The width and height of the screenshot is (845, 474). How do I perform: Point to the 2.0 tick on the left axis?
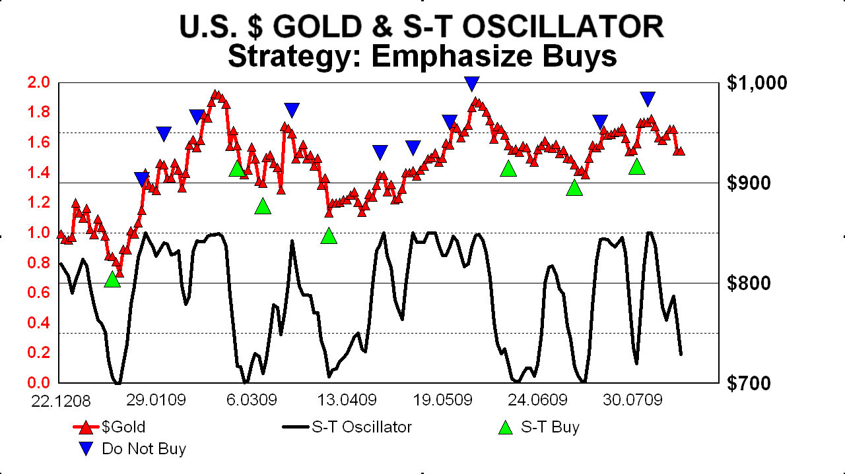tap(38, 82)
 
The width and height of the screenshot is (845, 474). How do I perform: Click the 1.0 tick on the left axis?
tap(38, 233)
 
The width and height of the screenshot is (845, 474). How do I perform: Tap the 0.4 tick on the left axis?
tap(38, 322)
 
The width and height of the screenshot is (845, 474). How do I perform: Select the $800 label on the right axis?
tap(748, 283)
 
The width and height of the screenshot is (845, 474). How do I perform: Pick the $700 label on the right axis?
tap(748, 383)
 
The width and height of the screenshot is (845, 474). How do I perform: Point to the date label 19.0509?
tap(439, 401)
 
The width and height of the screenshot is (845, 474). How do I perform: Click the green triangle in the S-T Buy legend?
tap(506, 428)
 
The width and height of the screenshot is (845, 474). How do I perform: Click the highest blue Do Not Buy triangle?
tap(471, 83)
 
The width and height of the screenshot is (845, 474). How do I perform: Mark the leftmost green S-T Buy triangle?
tap(112, 280)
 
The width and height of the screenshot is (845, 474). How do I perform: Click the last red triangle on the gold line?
tap(679, 151)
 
